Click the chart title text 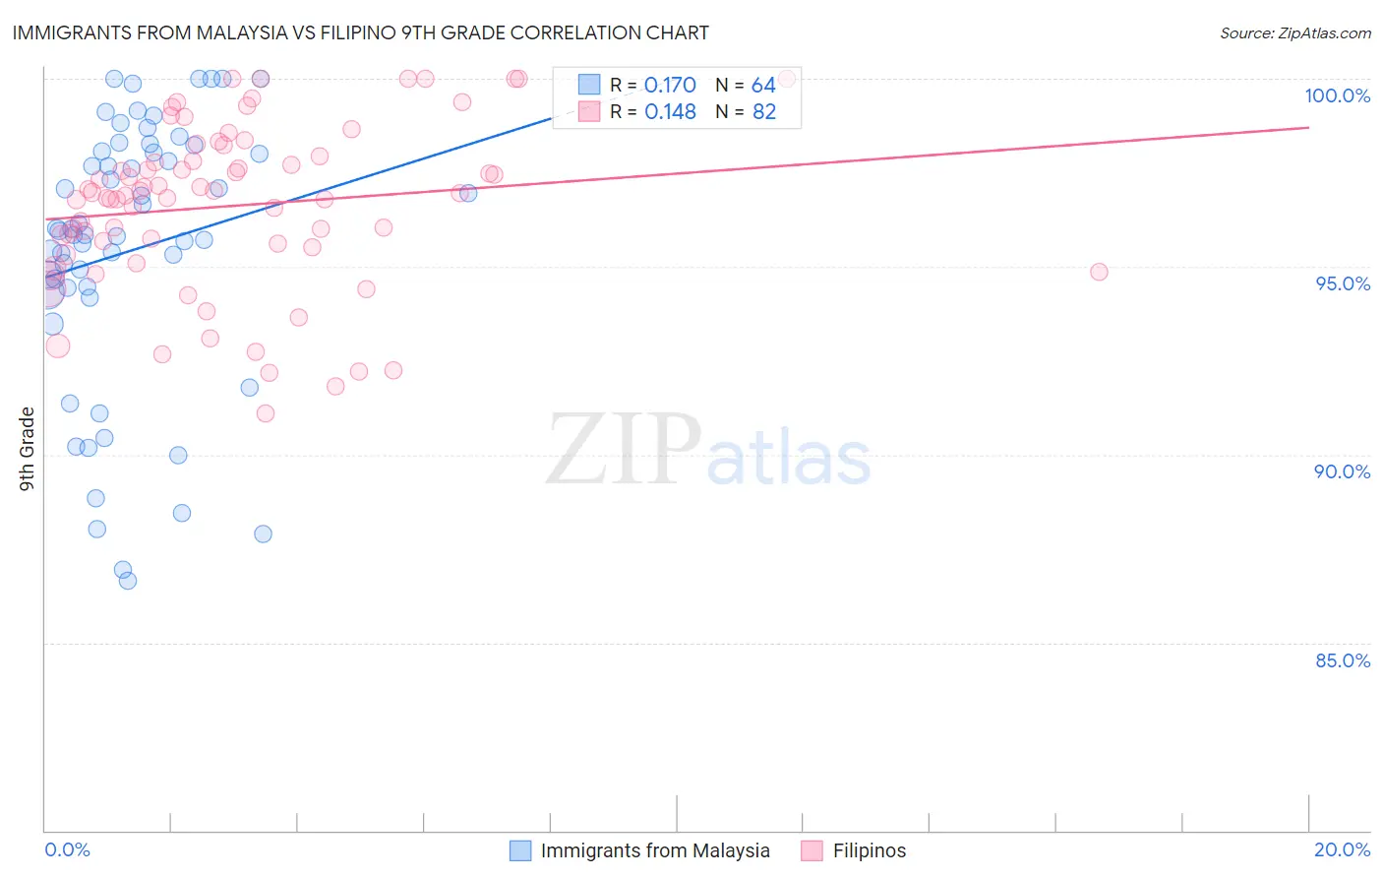(360, 32)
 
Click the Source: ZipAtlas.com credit (1294, 32)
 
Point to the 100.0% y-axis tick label (1337, 95)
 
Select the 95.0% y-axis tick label (1343, 283)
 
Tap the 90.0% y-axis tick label (1343, 471)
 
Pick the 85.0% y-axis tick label (1343, 660)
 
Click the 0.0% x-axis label (67, 849)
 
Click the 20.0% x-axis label (1342, 849)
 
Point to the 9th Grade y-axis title (28, 449)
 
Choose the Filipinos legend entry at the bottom (869, 850)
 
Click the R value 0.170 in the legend (670, 86)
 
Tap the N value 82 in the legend (764, 112)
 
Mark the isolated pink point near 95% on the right (1099, 272)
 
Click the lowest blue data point (128, 581)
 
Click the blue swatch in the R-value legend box (589, 85)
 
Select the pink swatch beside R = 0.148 (589, 111)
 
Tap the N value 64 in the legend (763, 86)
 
